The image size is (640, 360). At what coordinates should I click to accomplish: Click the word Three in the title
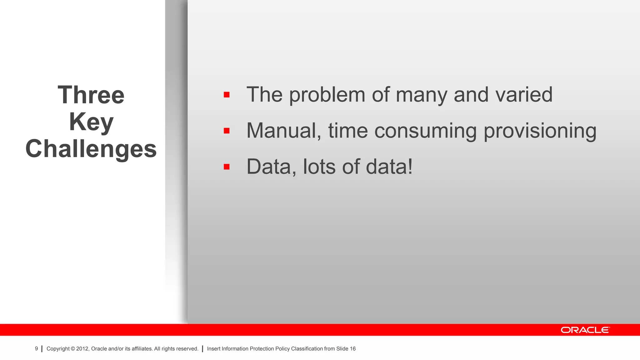(91, 95)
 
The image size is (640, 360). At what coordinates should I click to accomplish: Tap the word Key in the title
(91, 122)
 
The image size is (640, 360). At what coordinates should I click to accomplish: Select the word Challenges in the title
(91, 149)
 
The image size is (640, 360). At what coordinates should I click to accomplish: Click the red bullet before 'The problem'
(227, 95)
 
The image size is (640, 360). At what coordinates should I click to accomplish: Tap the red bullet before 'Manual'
(227, 131)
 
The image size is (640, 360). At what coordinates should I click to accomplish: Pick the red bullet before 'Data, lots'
(227, 167)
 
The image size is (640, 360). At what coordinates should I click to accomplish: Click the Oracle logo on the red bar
(585, 330)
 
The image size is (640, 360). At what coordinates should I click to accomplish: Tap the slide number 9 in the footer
(36, 349)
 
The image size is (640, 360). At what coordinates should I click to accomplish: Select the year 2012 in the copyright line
(82, 349)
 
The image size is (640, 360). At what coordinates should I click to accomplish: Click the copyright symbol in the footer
(73, 349)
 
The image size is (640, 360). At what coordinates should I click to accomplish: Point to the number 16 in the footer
(352, 349)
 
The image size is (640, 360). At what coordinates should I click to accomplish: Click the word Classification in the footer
(307, 349)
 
